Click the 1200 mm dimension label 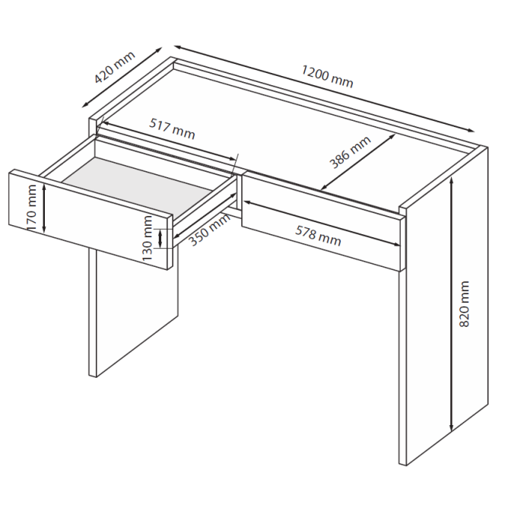(327, 76)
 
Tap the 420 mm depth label (114, 67)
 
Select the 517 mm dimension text (172, 129)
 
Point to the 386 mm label (350, 152)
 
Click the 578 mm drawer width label (318, 236)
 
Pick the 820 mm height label (464, 303)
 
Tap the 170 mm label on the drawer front (32, 208)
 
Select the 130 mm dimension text (148, 238)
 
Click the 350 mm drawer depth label (210, 230)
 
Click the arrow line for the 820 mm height (452, 304)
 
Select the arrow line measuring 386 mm (358, 162)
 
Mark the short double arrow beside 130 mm (160, 238)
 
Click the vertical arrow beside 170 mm (44, 208)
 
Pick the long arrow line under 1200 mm (324, 89)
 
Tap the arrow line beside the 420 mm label (122, 78)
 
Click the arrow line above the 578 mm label (322, 224)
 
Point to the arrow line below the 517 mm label (169, 141)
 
